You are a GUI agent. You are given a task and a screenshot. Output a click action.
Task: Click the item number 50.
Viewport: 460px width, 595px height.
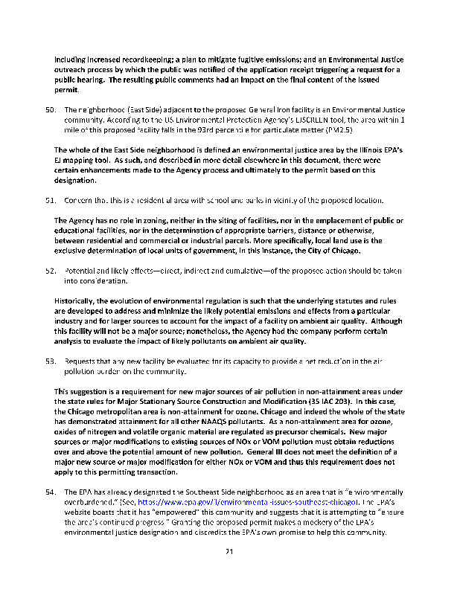pos(43,109)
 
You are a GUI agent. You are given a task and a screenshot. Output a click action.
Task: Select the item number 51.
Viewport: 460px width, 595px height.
pos(43,200)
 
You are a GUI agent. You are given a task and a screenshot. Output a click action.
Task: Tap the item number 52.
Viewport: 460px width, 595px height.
pos(43,271)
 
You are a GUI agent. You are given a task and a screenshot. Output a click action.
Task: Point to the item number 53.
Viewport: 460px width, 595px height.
pos(43,361)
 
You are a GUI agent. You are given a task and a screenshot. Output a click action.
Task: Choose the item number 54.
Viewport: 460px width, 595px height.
pos(43,492)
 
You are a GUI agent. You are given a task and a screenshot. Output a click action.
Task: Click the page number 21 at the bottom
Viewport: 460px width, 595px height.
pos(230,551)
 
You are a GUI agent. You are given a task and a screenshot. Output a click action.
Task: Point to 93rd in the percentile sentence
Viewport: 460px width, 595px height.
pos(221,129)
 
